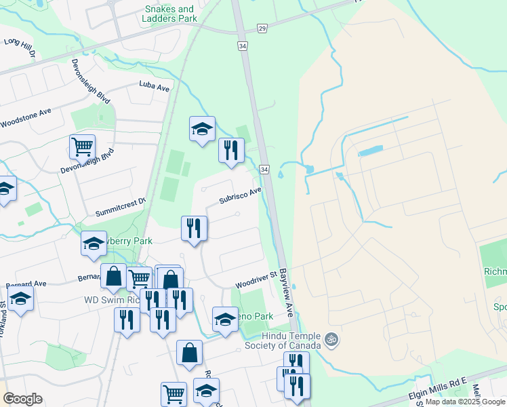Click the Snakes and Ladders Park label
[171, 14]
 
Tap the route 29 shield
[263, 28]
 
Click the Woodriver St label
[257, 279]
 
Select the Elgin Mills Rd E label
[438, 389]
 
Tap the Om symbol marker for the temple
[331, 338]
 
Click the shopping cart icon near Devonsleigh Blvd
[82, 146]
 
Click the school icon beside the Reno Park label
[225, 319]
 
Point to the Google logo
[22, 399]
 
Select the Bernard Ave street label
[26, 285]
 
